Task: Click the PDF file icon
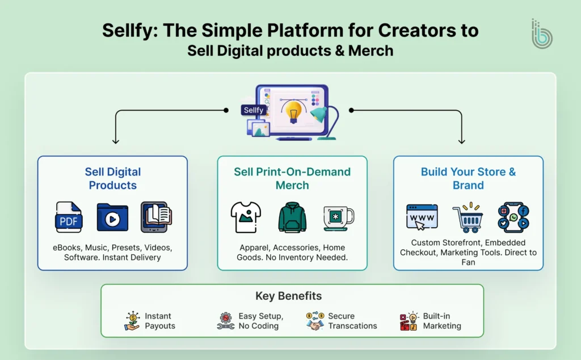(x=69, y=217)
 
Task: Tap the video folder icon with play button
(x=112, y=217)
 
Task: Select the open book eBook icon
(x=155, y=217)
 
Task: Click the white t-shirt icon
(x=246, y=217)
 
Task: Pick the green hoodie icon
(x=292, y=217)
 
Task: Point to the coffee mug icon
(x=338, y=218)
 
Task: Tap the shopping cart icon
(x=467, y=219)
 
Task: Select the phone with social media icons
(x=513, y=217)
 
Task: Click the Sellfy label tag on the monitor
(x=254, y=110)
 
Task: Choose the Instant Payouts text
(x=159, y=321)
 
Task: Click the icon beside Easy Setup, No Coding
(x=225, y=321)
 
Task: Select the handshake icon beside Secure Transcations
(x=315, y=321)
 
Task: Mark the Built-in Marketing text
(x=441, y=321)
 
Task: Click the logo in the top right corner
(x=541, y=34)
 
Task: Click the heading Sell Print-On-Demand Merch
(x=292, y=178)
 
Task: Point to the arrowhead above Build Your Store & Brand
(x=461, y=141)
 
